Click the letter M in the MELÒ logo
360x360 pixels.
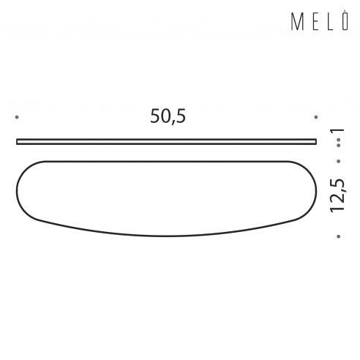pyautogui.click(x=297, y=22)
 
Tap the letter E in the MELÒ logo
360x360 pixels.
pyautogui.click(x=315, y=22)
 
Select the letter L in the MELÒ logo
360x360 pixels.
pyautogui.click(x=330, y=22)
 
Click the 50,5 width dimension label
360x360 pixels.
pyautogui.click(x=168, y=116)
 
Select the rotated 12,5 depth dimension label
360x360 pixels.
pyautogui.click(x=337, y=195)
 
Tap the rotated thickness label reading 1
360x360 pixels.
pyautogui.click(x=337, y=132)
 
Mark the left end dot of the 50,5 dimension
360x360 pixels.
pyautogui.click(x=17, y=117)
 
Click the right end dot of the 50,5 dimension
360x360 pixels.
pyautogui.click(x=316, y=117)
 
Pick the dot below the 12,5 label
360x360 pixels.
pyautogui.click(x=339, y=236)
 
